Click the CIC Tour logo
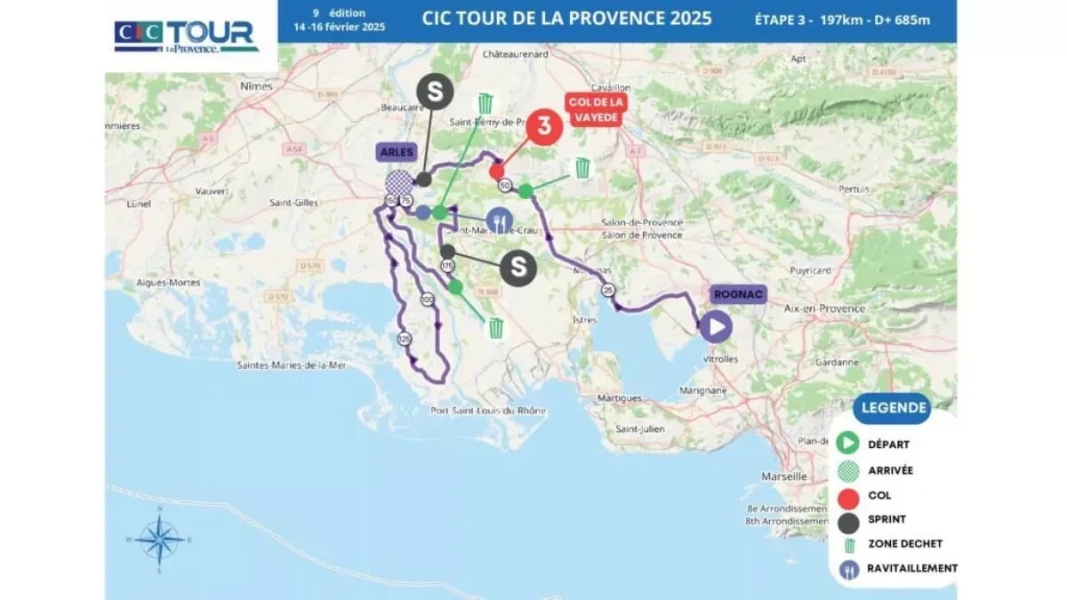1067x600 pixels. click(187, 36)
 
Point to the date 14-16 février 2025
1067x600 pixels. click(339, 27)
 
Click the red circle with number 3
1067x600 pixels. click(543, 127)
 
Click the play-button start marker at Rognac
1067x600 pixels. click(715, 326)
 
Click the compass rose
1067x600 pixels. click(160, 539)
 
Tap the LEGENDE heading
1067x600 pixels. click(892, 409)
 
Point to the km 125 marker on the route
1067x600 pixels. click(405, 339)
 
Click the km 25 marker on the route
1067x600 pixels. click(608, 290)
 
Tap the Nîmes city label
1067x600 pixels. click(256, 86)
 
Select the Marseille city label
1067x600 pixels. click(759, 476)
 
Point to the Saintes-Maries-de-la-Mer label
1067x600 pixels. click(296, 365)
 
